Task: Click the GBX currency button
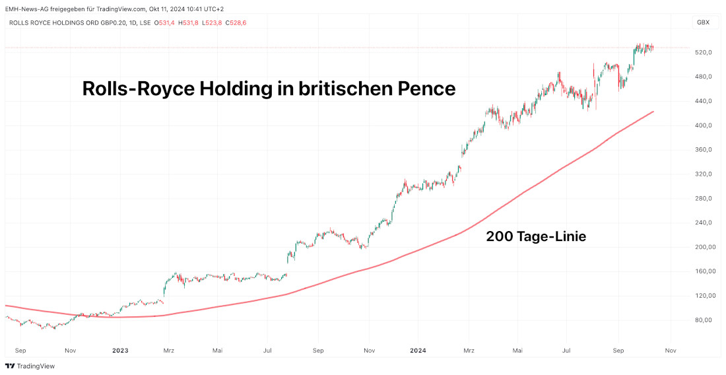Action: pos(703,22)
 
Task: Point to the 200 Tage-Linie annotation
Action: pos(536,236)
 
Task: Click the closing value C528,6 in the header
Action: pos(236,22)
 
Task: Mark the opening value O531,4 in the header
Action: pos(164,22)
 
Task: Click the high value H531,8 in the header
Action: pos(189,22)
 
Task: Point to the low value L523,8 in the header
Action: pos(212,22)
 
